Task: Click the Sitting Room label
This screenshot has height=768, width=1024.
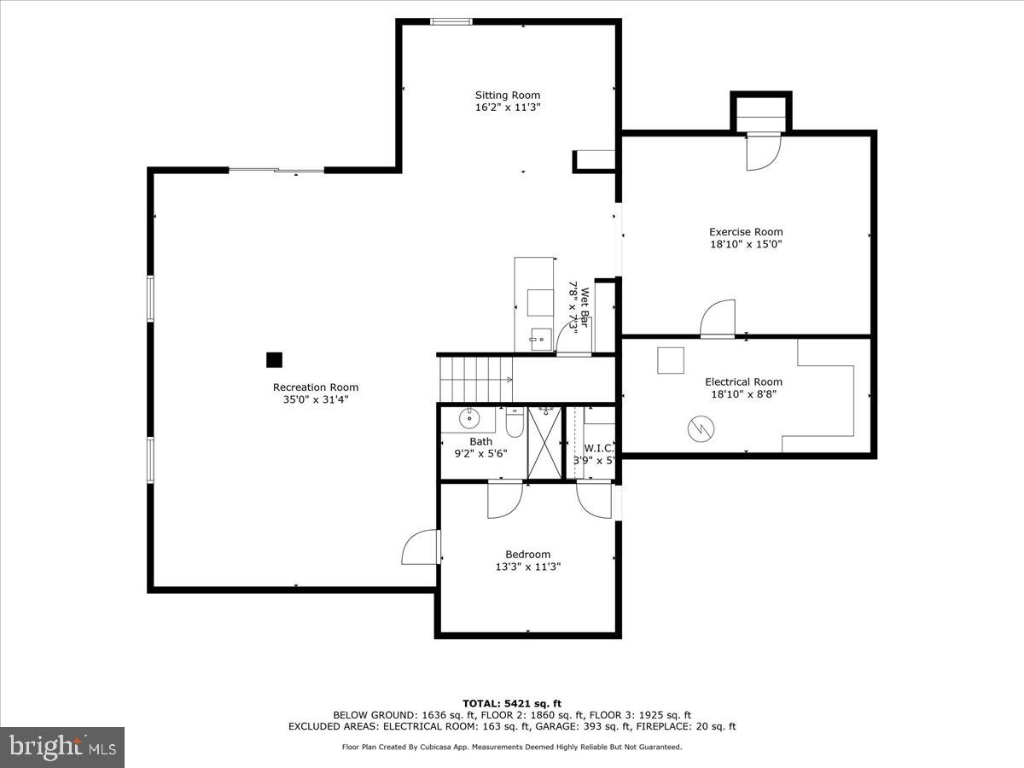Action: click(508, 95)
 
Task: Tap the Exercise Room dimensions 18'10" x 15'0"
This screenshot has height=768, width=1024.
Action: click(746, 244)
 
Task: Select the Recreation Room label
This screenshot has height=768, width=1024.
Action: click(315, 387)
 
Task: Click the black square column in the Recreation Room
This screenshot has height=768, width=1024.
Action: click(274, 360)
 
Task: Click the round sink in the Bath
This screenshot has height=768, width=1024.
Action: click(469, 418)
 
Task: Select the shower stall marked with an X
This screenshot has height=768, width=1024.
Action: click(544, 442)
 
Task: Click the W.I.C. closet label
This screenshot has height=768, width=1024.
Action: click(599, 448)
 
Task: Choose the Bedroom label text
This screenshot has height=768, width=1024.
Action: click(527, 554)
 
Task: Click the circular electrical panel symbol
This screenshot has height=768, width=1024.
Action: click(700, 429)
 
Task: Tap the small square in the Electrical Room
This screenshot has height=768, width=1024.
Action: click(670, 360)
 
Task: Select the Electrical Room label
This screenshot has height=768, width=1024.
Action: click(743, 381)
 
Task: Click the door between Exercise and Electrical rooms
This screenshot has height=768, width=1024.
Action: click(718, 320)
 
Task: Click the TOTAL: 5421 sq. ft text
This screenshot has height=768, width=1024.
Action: click(511, 703)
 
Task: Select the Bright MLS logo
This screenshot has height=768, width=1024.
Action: click(62, 748)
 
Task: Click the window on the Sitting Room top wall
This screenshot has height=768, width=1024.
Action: click(451, 21)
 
